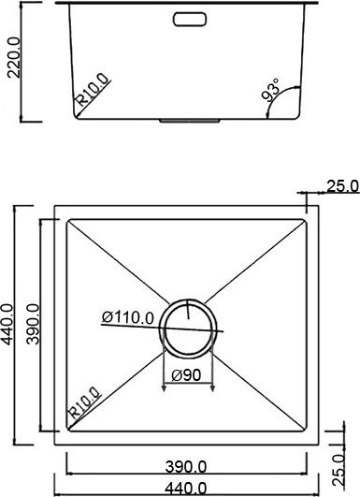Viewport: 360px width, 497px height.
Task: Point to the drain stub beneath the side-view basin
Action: click(x=191, y=120)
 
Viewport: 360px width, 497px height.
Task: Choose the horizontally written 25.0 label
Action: click(x=342, y=186)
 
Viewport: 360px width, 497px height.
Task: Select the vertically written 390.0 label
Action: click(x=32, y=325)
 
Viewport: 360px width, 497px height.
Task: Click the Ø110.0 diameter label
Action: click(x=128, y=317)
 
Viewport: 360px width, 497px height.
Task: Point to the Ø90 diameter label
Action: click(x=189, y=375)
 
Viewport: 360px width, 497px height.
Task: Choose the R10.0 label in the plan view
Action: click(x=82, y=405)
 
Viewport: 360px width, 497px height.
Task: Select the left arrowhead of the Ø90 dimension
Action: click(x=166, y=384)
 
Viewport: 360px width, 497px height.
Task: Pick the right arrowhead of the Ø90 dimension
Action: click(x=214, y=384)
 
